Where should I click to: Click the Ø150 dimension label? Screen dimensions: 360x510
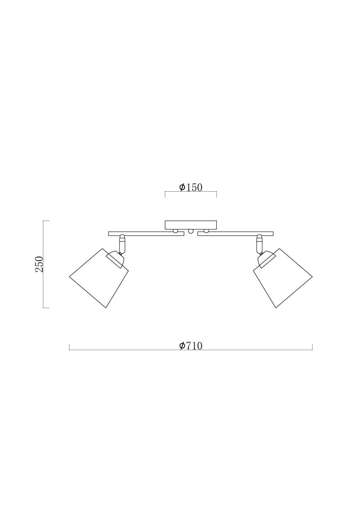pos(190,187)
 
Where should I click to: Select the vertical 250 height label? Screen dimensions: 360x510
pos(39,264)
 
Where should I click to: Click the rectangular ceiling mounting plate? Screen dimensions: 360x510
pos(190,225)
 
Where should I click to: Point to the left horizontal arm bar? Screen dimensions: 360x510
pos(146,234)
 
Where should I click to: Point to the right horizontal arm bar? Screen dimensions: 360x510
pos(235,234)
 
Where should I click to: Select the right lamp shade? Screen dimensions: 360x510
pos(283,278)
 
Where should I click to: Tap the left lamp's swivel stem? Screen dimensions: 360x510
pos(122,244)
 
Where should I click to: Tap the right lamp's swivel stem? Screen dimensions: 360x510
pos(259,244)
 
